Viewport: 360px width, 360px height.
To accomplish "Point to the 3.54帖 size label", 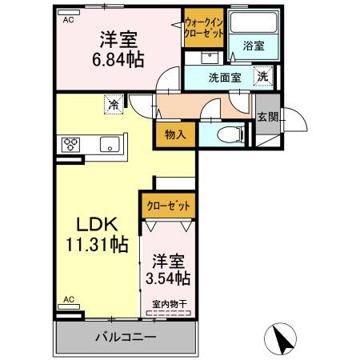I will pyautogui.click(x=168, y=278).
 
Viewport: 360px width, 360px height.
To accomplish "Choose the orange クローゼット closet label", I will pyautogui.click(x=168, y=206).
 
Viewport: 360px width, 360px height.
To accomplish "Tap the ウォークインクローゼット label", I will pyautogui.click(x=203, y=29).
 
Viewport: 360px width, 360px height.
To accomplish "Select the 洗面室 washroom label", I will pyautogui.click(x=225, y=78).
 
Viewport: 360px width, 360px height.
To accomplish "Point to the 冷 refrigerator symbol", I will pyautogui.click(x=114, y=103).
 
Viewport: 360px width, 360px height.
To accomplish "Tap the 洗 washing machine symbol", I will pyautogui.click(x=262, y=77).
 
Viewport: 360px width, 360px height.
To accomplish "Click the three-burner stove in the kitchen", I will pyautogui.click(x=69, y=144).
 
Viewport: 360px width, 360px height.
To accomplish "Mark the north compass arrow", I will pyautogui.click(x=282, y=337).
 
